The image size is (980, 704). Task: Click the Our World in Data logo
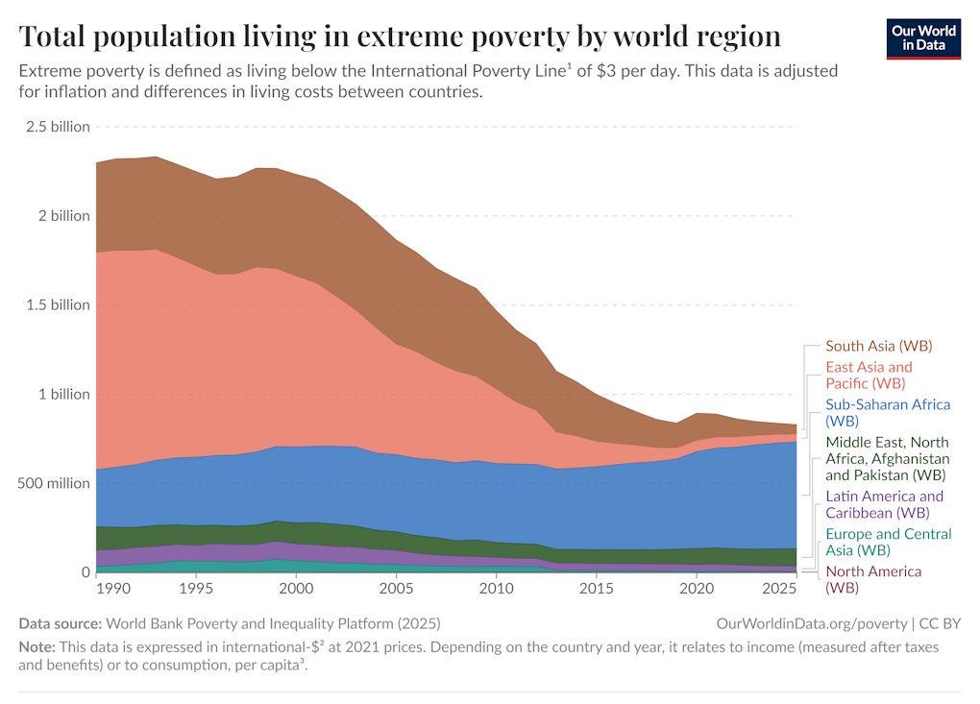click(922, 38)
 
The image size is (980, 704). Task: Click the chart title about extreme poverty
click(400, 36)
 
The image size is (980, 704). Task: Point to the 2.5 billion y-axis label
click(57, 127)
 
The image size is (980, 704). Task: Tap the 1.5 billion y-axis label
click(57, 304)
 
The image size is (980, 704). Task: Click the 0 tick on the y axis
click(85, 572)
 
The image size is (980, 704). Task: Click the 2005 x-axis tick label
click(395, 588)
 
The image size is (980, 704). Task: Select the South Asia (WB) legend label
click(878, 346)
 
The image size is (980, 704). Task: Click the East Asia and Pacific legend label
click(869, 375)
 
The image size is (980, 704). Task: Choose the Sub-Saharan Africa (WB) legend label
click(887, 412)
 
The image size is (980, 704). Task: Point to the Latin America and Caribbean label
click(884, 504)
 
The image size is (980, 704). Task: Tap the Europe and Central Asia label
click(888, 542)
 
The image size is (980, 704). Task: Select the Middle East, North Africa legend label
click(887, 458)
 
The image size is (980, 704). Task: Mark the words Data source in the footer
click(60, 623)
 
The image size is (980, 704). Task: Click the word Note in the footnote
click(37, 647)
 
